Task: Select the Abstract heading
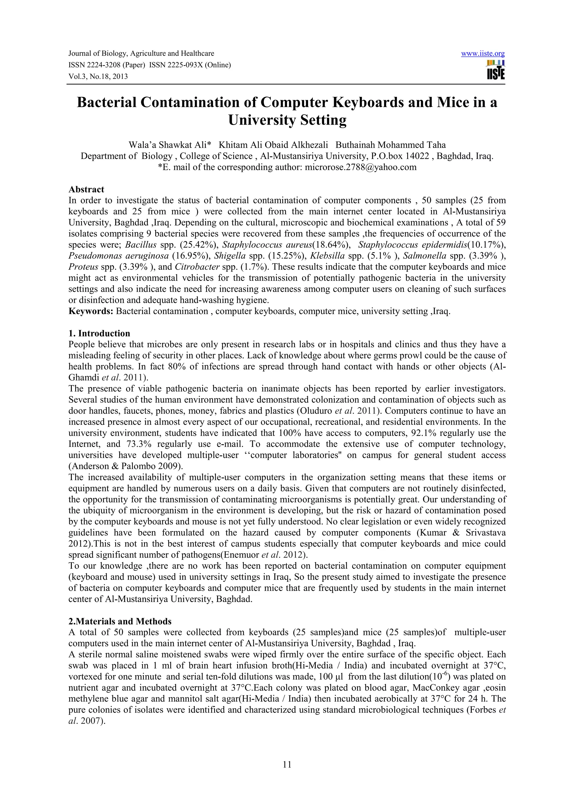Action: pos(86,189)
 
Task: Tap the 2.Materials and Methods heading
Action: pos(120,621)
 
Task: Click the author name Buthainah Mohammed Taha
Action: pos(390,145)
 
